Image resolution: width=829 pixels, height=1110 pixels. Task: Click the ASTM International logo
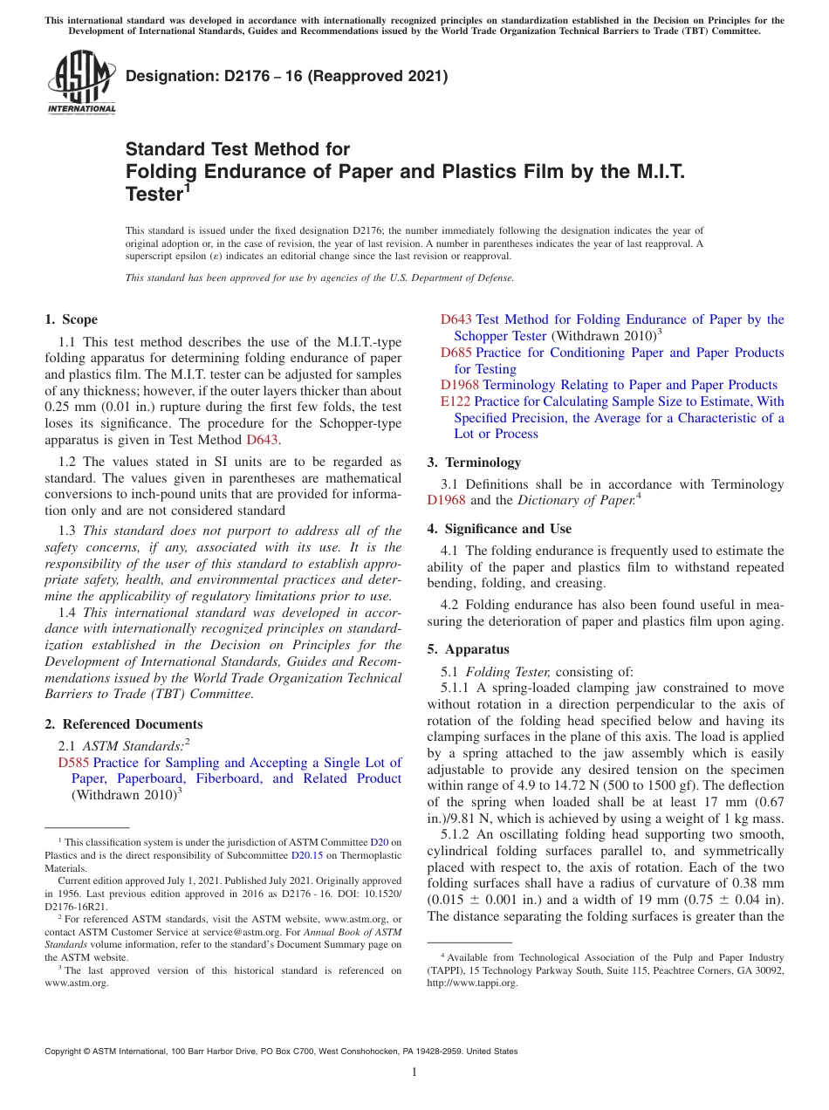tap(81, 82)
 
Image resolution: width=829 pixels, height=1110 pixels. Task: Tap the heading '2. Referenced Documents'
tap(123, 724)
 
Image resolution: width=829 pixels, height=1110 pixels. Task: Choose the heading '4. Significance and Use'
tap(499, 529)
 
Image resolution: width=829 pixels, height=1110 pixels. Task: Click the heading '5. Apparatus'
tap(468, 649)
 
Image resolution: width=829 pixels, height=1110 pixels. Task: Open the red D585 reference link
tap(73, 763)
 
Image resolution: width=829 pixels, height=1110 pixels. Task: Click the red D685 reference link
tap(456, 353)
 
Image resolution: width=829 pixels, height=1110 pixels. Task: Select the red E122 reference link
tap(456, 401)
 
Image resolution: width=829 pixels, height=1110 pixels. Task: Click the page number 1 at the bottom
tap(414, 1072)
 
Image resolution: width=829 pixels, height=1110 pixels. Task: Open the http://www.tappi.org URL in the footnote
tap(471, 983)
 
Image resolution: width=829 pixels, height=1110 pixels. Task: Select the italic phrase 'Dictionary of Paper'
tap(573, 500)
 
